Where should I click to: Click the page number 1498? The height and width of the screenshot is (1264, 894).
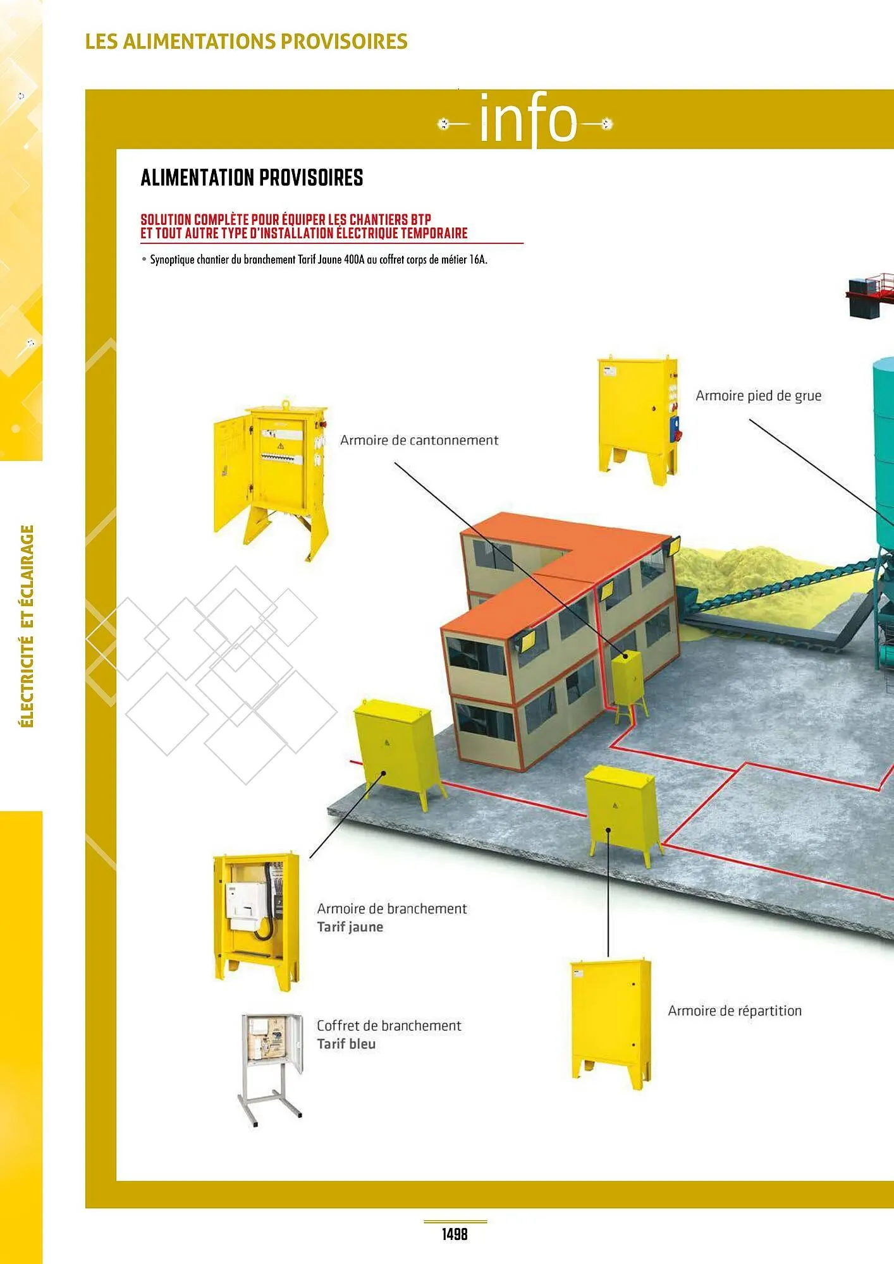(x=455, y=1233)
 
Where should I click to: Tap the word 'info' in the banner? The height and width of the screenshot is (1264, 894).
(x=529, y=119)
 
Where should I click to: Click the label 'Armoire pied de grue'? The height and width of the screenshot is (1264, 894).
(x=758, y=396)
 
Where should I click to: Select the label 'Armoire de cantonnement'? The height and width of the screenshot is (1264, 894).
(x=419, y=440)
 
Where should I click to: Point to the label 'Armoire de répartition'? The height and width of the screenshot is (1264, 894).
(x=735, y=1011)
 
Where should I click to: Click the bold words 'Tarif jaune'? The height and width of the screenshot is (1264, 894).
(x=350, y=927)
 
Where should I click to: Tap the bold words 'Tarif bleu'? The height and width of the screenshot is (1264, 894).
(x=346, y=1044)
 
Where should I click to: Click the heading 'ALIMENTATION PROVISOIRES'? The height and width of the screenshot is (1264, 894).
(x=252, y=178)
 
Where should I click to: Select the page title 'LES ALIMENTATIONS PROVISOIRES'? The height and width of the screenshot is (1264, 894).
(x=246, y=41)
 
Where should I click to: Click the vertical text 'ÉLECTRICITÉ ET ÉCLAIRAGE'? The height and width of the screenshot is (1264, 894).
(x=27, y=626)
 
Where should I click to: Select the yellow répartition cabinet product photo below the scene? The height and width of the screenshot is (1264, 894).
(x=610, y=1024)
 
